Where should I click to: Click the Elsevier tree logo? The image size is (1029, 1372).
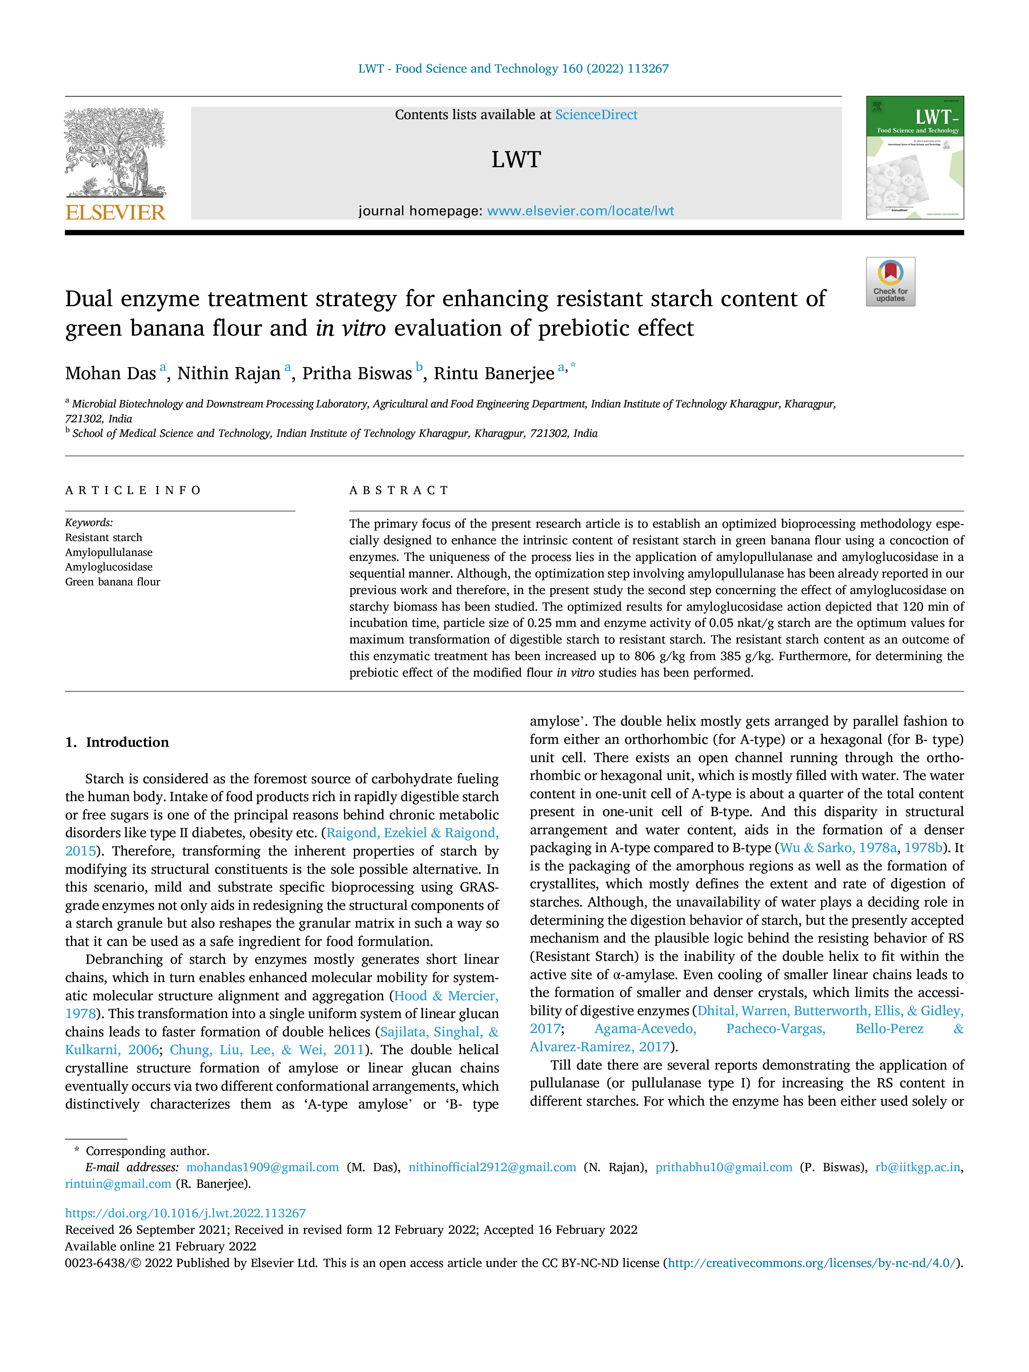coord(115,153)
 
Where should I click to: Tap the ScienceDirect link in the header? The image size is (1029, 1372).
coord(596,115)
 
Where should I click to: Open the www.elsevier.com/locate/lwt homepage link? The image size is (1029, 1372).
coord(580,211)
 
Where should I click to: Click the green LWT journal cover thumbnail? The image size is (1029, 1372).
coord(915,158)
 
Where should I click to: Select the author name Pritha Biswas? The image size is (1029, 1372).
coord(357,373)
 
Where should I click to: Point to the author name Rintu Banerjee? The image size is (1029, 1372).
coord(494,373)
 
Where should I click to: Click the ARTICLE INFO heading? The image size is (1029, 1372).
coord(133,491)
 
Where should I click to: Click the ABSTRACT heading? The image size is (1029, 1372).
coord(399,491)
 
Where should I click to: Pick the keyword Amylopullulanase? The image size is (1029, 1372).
coord(109,553)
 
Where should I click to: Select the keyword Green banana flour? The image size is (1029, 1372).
coord(112,582)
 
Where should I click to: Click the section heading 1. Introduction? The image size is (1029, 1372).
coord(117,743)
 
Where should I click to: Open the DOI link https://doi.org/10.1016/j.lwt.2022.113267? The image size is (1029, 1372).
coord(185,1213)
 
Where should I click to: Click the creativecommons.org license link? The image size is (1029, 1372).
coord(812,1263)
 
